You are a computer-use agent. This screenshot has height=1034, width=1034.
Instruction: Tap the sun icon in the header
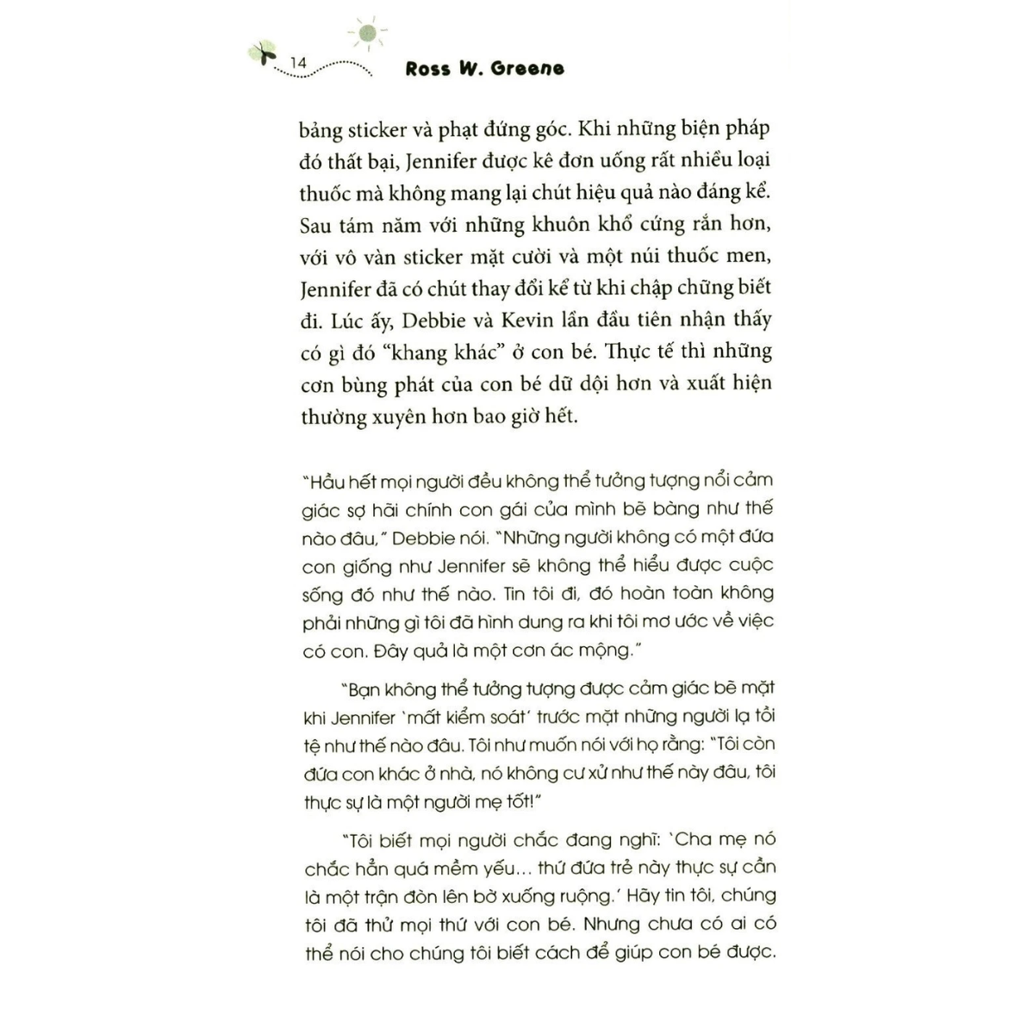368,33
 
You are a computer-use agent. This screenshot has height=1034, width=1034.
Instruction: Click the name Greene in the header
527,68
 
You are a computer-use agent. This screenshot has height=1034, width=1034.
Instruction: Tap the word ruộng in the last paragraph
578,895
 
